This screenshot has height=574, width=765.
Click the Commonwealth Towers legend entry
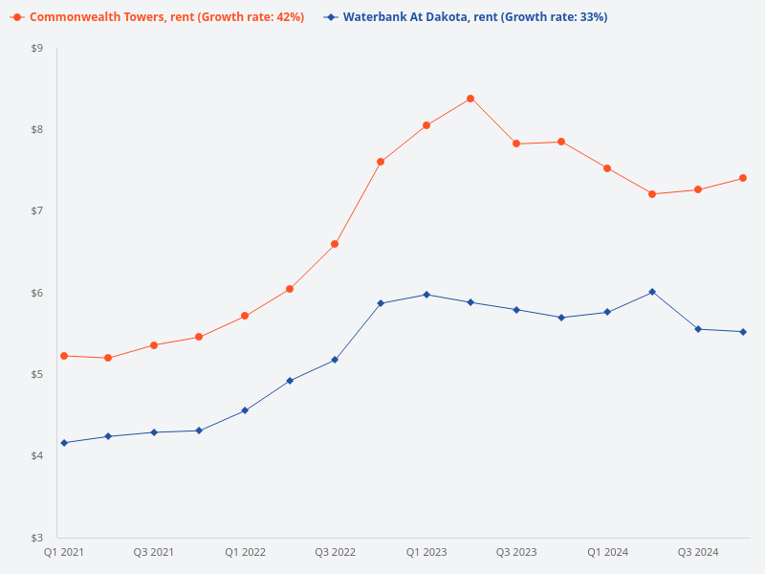[158, 17]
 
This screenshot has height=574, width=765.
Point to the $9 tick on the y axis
[37, 48]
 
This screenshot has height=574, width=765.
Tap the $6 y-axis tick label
[37, 293]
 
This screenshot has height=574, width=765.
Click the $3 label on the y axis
[37, 538]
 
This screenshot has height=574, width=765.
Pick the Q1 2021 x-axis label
[64, 552]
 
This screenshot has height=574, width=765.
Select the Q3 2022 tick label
[336, 552]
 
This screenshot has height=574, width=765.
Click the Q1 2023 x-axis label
[426, 552]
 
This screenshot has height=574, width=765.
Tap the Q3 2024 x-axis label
[698, 552]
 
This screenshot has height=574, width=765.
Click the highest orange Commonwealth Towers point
[470, 99]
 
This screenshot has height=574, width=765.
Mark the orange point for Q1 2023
[426, 125]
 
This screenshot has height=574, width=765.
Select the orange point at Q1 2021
[64, 356]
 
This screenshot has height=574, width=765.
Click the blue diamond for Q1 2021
[64, 443]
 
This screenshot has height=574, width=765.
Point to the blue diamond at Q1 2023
[426, 295]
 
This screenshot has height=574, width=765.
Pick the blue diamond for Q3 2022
[335, 360]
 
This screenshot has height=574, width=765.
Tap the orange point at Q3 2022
[335, 244]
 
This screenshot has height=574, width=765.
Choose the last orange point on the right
[743, 178]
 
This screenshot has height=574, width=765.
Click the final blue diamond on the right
[743, 332]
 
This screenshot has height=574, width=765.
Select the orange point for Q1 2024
[607, 168]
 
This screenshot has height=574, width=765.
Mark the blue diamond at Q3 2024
[698, 329]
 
